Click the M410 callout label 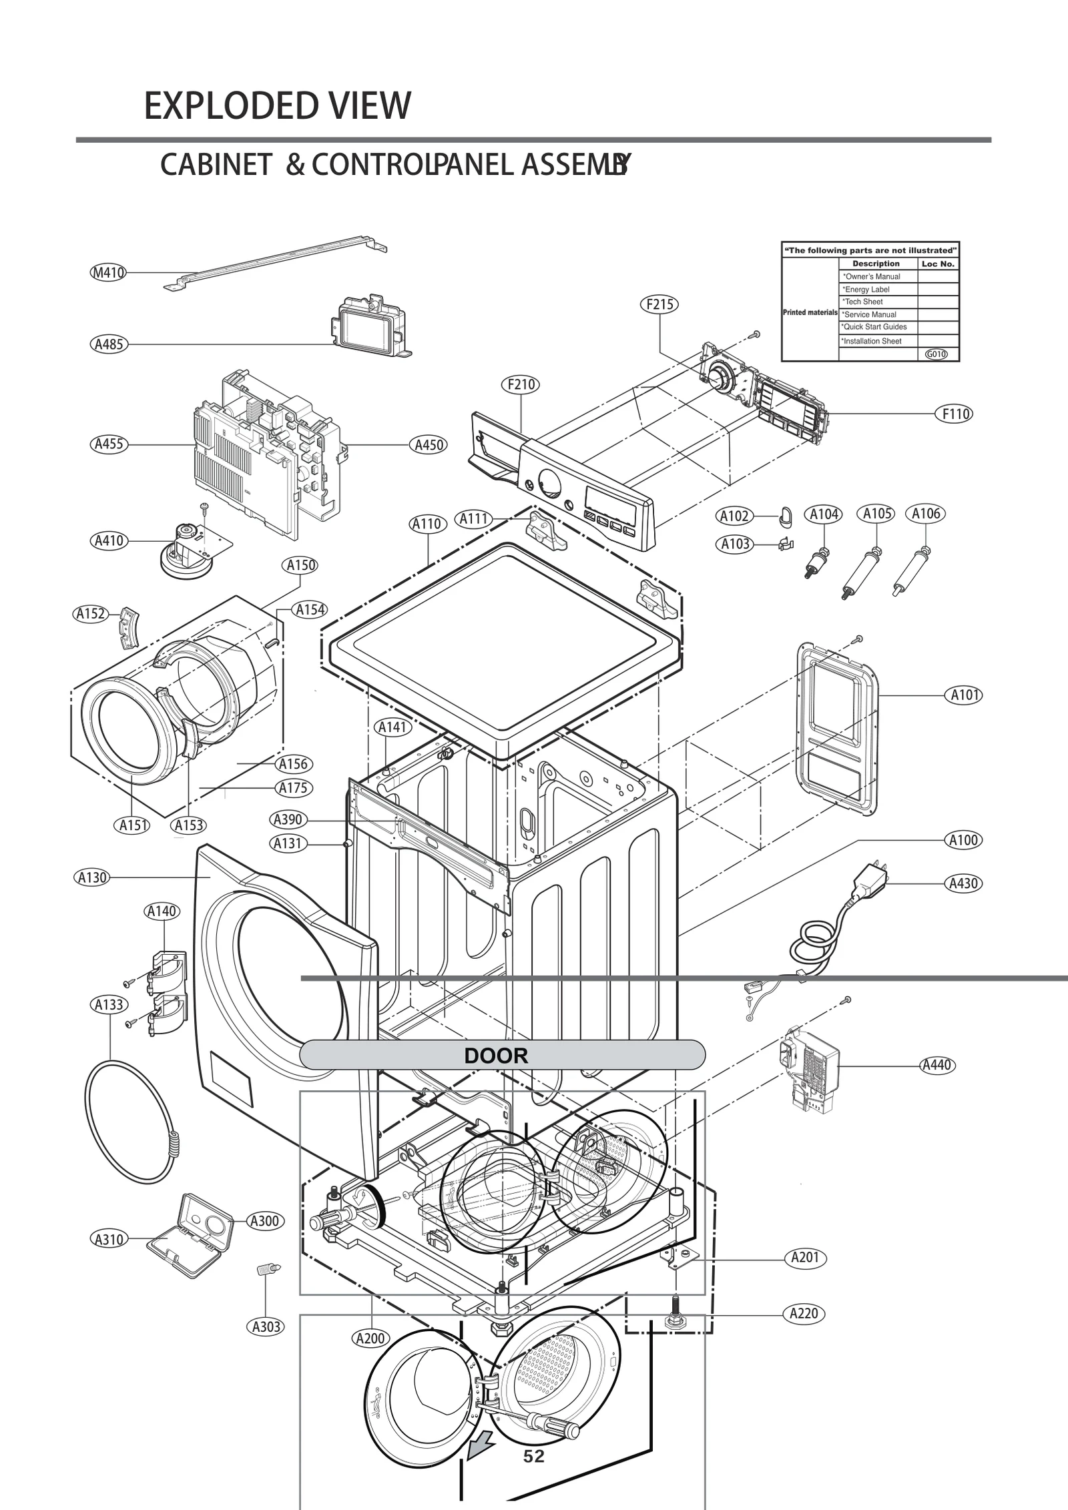(x=107, y=273)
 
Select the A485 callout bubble (x=108, y=344)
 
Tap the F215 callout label (x=659, y=304)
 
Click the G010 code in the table (x=937, y=354)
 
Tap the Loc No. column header (x=938, y=264)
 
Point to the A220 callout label (x=804, y=1313)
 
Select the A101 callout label (x=965, y=695)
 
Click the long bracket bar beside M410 (x=274, y=261)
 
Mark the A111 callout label (x=474, y=518)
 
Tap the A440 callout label (x=936, y=1065)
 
